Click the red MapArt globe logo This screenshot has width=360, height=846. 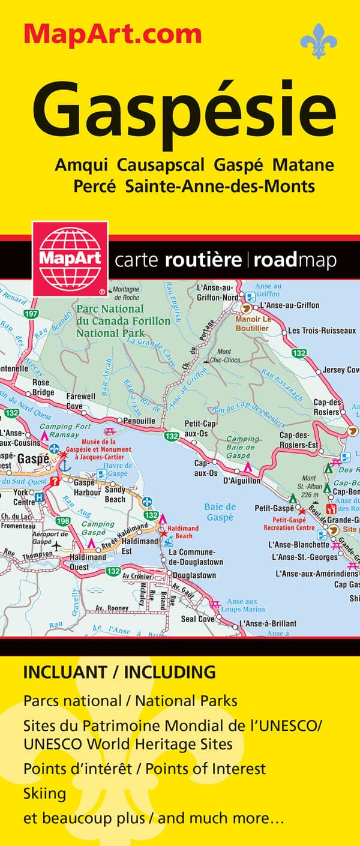70,259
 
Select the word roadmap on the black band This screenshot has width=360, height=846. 295,260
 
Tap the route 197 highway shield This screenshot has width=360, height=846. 32,314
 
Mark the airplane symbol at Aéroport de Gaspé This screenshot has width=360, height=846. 57,546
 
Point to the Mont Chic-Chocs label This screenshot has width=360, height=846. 223,356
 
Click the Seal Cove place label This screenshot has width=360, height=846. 197,619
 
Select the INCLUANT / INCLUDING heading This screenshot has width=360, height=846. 119,672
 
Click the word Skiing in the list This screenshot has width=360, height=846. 44,794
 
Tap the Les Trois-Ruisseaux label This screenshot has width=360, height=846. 322,331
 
